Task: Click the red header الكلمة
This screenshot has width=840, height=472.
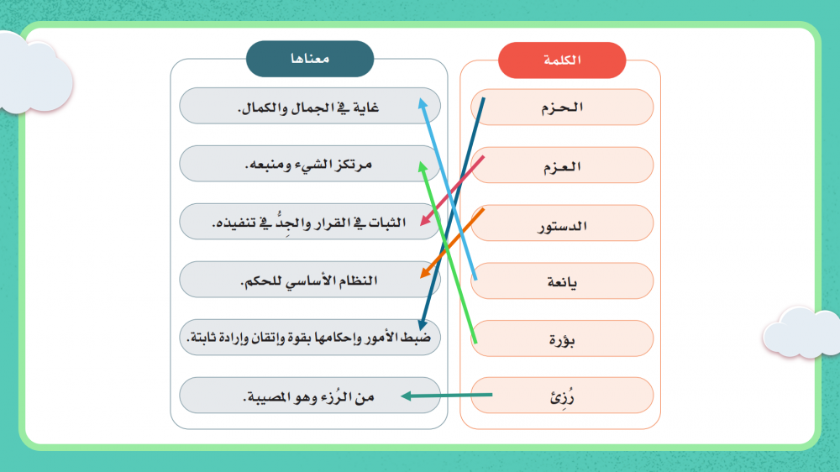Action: tap(562, 60)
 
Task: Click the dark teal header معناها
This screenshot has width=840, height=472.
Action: tap(310, 59)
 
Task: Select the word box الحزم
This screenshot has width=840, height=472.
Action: tap(562, 108)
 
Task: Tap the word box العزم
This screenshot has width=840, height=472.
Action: tap(562, 165)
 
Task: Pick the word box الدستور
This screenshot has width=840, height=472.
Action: tap(562, 223)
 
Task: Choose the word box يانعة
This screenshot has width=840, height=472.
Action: tap(562, 281)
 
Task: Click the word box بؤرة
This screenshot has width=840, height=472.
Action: tap(562, 338)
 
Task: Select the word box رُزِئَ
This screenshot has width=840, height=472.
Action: tap(562, 396)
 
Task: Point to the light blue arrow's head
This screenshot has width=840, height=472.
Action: tap(423, 102)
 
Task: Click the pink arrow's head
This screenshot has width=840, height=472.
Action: tap(425, 221)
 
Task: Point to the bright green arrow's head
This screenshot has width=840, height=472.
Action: tap(423, 165)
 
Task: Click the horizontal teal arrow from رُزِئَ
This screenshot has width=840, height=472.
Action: tap(446, 396)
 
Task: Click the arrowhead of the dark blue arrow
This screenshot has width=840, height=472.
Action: tap(423, 325)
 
